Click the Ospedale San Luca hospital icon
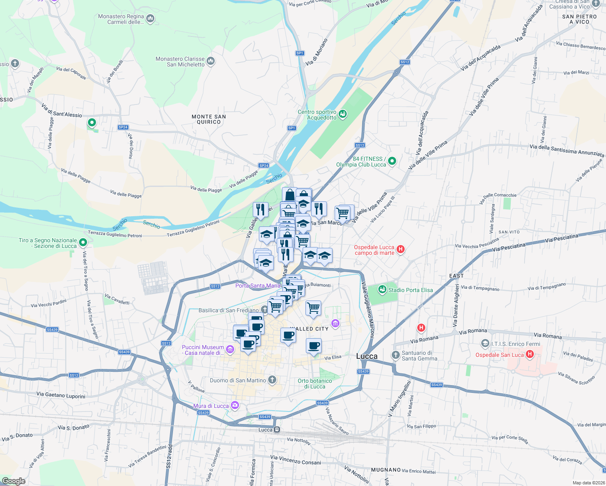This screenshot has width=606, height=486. pos(529,355)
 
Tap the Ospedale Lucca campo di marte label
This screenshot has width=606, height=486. pos(374,250)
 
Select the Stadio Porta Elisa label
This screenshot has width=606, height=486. pos(410,290)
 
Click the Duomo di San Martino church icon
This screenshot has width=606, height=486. pos(272,380)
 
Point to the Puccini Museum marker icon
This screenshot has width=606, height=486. pos(230,349)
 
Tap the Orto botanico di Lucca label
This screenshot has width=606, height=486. pos(315,384)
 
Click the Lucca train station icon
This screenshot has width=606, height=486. pos(277,430)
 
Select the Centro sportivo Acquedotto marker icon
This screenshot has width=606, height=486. pos(343,114)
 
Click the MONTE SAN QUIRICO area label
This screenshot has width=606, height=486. pos(209,119)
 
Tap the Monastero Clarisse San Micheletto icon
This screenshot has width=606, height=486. pos(210,61)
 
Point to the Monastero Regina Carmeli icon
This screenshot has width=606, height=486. pos(150,18)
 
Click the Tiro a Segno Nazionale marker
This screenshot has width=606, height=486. pos(83,243)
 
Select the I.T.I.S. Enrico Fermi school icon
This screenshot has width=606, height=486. pos(485,344)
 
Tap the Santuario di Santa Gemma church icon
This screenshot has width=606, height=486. pos(396,355)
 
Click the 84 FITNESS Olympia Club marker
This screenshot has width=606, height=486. pos(392,161)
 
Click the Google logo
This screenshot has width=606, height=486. pos(14,481)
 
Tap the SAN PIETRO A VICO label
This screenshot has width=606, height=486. pos(579,19)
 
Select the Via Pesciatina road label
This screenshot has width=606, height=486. pos(561,238)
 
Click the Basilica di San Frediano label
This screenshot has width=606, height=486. pos(228,310)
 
